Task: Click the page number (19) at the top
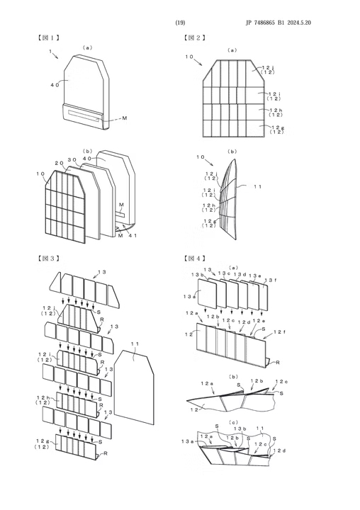click(x=180, y=23)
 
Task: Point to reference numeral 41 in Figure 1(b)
click(x=135, y=234)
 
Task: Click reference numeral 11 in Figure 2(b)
click(x=257, y=188)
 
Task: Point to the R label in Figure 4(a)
click(x=272, y=361)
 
